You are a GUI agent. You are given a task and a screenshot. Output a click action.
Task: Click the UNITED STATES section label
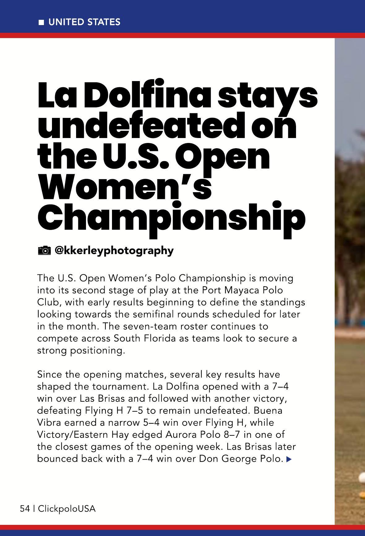pyautogui.click(x=84, y=22)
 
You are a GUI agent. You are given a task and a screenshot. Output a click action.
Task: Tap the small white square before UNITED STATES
pyautogui.click(x=41, y=22)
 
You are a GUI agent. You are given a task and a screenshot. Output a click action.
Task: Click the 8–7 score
pyautogui.click(x=232, y=434)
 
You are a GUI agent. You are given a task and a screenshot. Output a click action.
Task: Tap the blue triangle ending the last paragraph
pyautogui.click(x=289, y=459)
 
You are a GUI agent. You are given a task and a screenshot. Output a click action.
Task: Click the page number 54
pyautogui.click(x=25, y=508)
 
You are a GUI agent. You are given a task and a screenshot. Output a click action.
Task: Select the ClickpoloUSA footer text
pyautogui.click(x=67, y=508)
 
